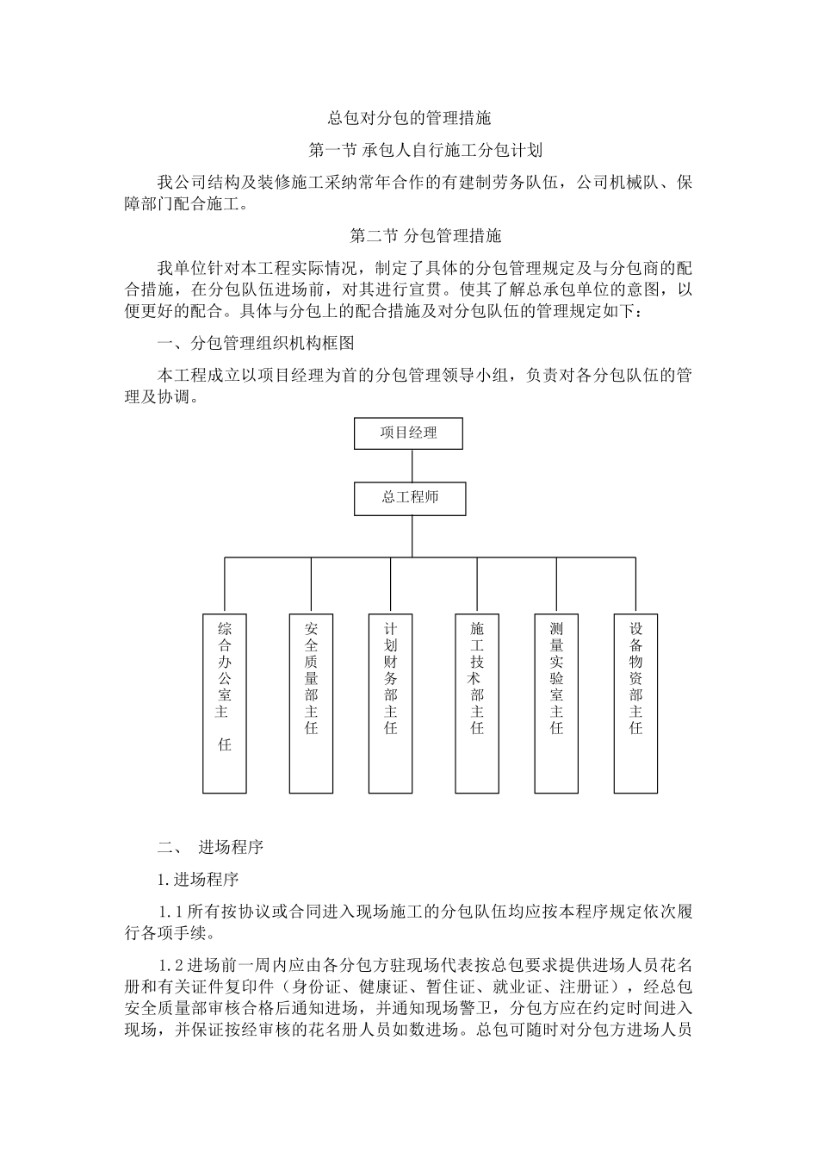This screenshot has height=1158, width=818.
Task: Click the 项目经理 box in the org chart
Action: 408,433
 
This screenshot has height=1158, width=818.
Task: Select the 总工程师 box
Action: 411,499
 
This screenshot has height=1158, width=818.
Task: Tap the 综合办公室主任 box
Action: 225,703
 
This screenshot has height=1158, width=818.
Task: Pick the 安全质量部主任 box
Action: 312,703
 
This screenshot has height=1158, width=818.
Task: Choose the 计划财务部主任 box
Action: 391,703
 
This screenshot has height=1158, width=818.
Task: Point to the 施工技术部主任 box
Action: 477,703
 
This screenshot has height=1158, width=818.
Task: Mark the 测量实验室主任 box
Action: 556,703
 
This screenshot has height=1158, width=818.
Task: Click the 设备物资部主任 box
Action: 635,703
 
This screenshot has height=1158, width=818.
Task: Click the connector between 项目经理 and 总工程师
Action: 412,465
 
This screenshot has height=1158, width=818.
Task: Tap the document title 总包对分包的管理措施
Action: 409,117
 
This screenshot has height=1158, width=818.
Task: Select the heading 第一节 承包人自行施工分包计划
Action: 425,151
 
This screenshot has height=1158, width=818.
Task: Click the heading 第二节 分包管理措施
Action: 425,234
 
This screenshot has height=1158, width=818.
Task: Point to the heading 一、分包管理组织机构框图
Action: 256,343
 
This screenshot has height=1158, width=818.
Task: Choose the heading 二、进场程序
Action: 210,847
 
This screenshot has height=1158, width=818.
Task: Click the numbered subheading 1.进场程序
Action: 197,880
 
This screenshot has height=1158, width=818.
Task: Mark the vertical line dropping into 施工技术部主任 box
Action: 477,586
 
